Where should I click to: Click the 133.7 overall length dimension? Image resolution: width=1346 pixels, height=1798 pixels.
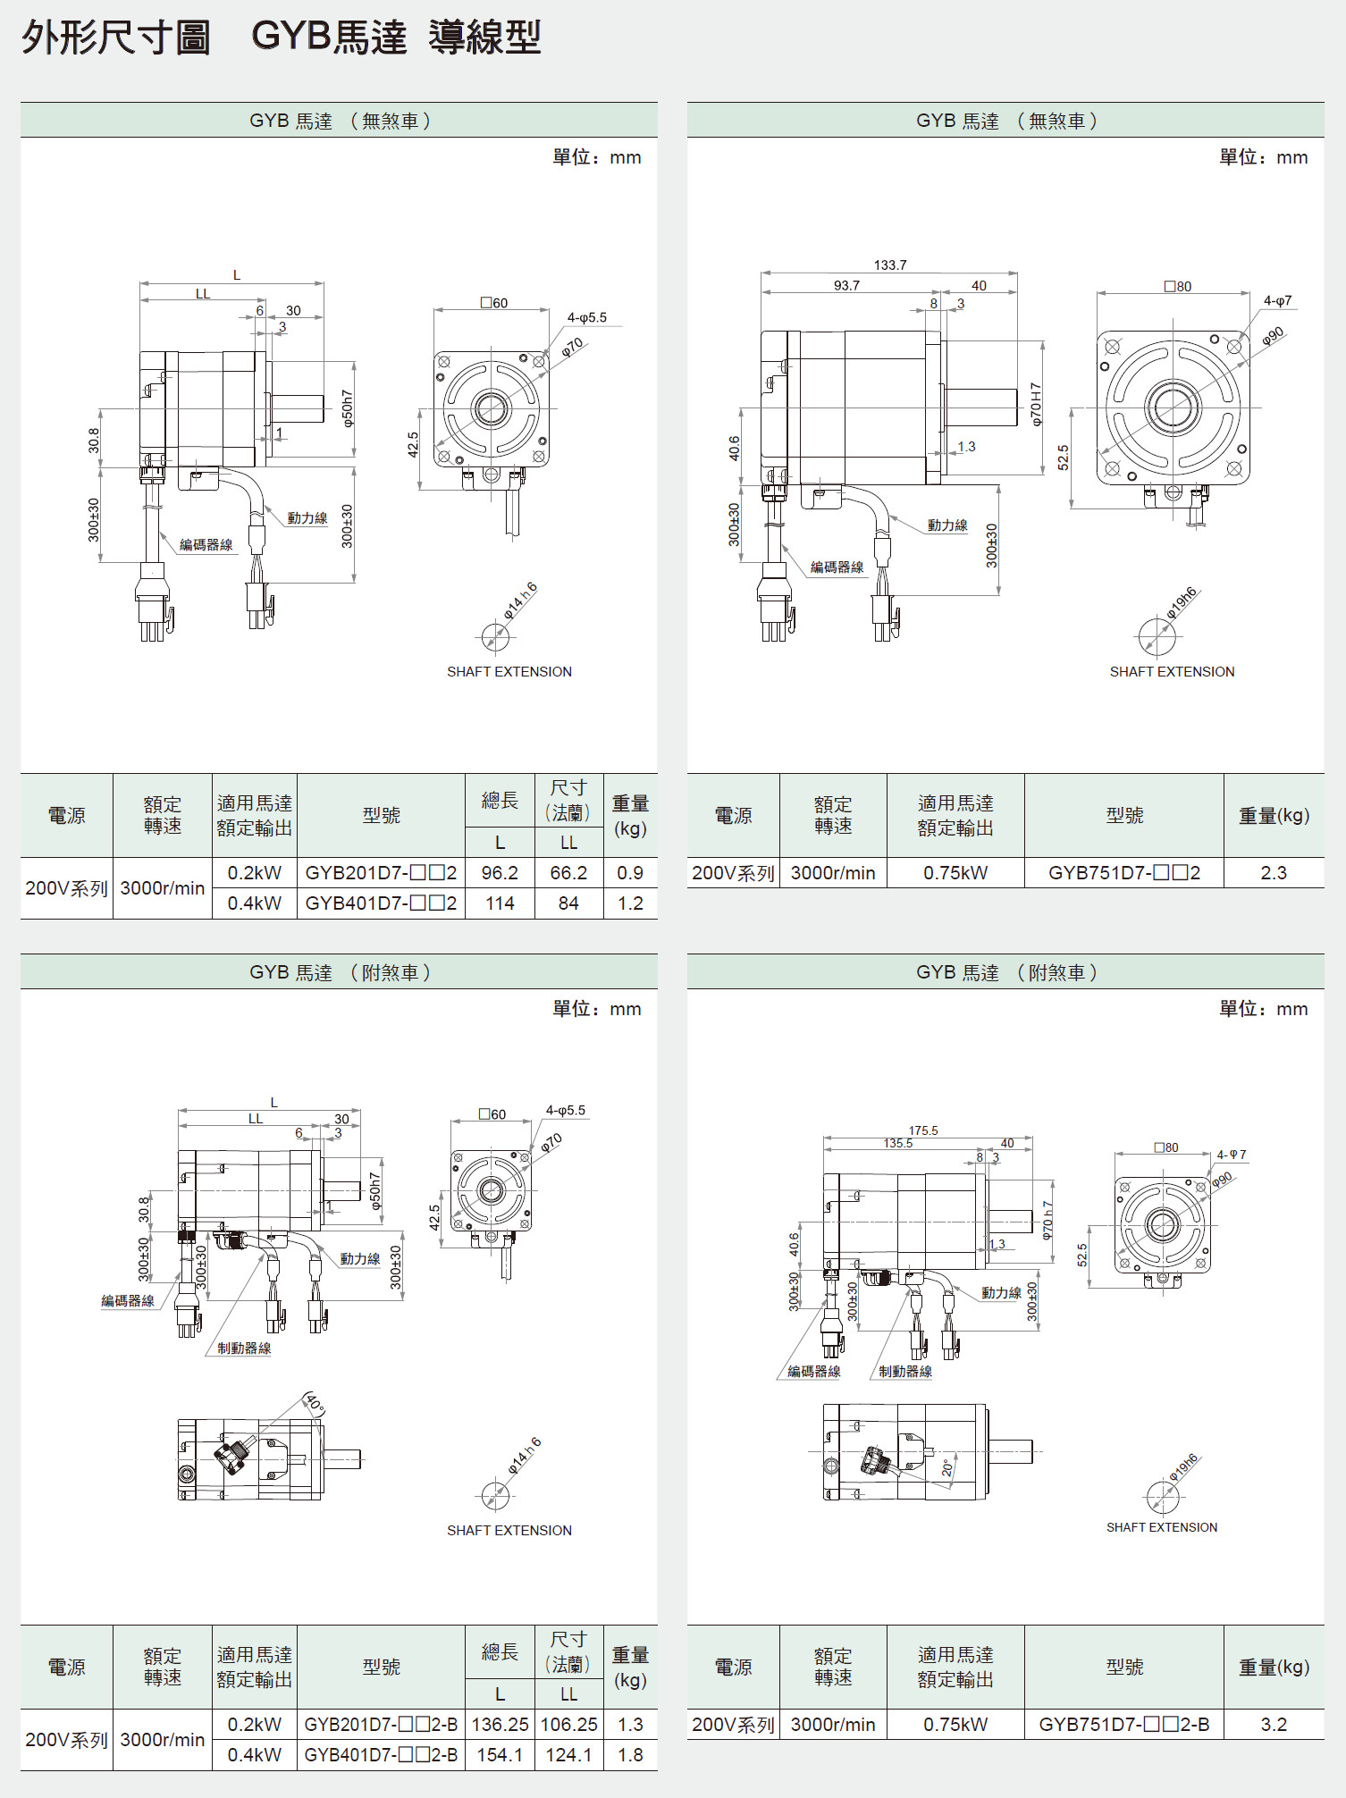pos(890,265)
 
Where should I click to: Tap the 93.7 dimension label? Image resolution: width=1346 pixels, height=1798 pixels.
pos(846,286)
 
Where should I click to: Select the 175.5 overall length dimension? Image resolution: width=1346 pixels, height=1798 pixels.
pos(923,1130)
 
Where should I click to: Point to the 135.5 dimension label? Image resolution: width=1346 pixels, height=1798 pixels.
pos(898,1143)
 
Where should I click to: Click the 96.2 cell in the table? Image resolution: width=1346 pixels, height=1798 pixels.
pos(500,873)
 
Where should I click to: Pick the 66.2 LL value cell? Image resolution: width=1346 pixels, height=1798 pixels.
pos(568,873)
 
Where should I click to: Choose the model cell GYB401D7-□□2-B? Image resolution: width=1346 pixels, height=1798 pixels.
pos(381,1755)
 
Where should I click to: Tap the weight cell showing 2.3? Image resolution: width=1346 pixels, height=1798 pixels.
pos(1274,873)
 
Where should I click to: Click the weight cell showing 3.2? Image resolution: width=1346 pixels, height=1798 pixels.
pos(1274,1725)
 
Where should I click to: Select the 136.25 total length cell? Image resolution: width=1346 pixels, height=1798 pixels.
pos(500,1725)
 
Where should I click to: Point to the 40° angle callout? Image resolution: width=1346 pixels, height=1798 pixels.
pos(315,1404)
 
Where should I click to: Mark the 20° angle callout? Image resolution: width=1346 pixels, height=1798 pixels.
pos(947,1468)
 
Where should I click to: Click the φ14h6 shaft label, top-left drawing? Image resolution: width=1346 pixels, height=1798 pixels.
pos(520,601)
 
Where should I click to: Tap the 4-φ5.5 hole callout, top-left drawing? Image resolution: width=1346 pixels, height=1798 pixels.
pos(586,317)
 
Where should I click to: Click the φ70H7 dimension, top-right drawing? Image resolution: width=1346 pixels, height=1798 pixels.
pos(1036,405)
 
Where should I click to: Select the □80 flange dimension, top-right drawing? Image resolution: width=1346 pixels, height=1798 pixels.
pos(1178,287)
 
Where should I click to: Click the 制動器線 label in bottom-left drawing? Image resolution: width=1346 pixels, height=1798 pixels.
pos(244,1348)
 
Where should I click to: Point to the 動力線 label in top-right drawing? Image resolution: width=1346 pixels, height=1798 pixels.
pos(947,525)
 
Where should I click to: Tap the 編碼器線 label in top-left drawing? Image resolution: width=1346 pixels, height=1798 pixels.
pos(206,545)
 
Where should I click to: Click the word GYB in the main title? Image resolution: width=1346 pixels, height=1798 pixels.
pos(291,37)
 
